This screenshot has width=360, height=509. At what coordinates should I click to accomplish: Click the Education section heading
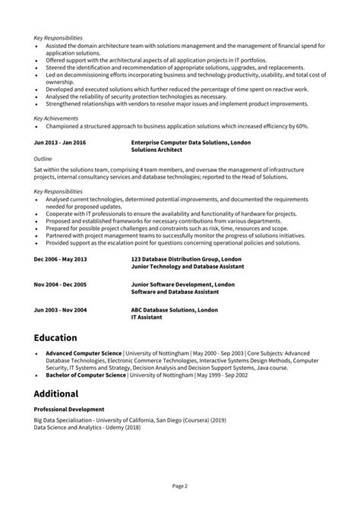(x=55, y=337)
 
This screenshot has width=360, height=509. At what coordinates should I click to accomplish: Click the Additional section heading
(x=56, y=394)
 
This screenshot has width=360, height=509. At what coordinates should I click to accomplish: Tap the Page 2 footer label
(x=179, y=484)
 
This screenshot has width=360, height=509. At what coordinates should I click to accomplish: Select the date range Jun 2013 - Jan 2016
(x=60, y=143)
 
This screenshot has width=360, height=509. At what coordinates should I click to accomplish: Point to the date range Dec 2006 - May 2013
(x=61, y=259)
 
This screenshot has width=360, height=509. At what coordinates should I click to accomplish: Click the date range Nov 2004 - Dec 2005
(x=61, y=284)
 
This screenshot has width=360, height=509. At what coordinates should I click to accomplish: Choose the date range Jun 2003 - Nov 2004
(x=60, y=309)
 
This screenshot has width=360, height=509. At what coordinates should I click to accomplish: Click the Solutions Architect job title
(x=156, y=150)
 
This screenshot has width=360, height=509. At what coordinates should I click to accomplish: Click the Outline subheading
(x=43, y=158)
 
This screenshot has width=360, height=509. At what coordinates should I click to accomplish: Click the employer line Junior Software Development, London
(x=182, y=284)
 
